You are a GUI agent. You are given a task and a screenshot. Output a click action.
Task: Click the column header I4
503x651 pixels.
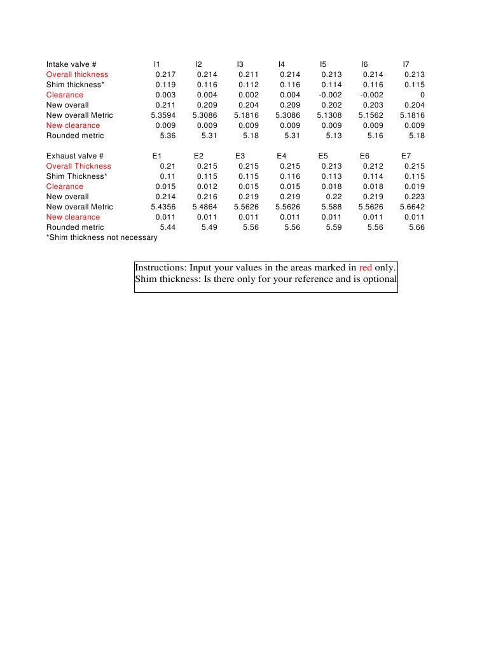pyautogui.click(x=282, y=64)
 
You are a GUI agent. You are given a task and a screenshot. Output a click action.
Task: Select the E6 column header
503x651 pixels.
pyautogui.click(x=364, y=156)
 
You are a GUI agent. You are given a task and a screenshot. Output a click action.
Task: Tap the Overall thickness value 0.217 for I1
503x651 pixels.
pyautogui.click(x=165, y=74)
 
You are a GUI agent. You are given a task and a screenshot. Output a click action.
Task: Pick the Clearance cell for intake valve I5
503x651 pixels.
pyautogui.click(x=330, y=95)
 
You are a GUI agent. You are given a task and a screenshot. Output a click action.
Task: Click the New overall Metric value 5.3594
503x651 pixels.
pyautogui.click(x=163, y=115)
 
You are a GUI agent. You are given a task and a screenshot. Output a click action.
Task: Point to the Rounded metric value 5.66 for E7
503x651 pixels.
pyautogui.click(x=417, y=227)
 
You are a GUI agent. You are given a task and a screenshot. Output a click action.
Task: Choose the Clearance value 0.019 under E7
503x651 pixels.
pyautogui.click(x=414, y=186)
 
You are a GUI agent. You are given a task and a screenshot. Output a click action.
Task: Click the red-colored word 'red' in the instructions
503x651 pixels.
pyautogui.click(x=365, y=268)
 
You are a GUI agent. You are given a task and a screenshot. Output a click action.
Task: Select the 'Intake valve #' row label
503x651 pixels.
pyautogui.click(x=71, y=64)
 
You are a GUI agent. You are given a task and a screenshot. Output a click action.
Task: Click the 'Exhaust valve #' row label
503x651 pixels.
pyautogui.click(x=74, y=156)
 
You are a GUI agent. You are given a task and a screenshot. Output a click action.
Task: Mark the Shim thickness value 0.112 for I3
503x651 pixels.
pyautogui.click(x=249, y=85)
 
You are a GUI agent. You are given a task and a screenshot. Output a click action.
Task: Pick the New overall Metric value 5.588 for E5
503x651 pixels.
pyautogui.click(x=331, y=207)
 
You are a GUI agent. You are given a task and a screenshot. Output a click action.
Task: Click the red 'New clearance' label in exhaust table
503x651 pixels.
pyautogui.click(x=72, y=217)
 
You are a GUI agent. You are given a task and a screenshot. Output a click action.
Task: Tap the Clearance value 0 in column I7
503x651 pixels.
pyautogui.click(x=422, y=95)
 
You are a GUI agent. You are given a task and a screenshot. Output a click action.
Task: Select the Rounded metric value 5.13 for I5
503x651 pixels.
pyautogui.click(x=333, y=136)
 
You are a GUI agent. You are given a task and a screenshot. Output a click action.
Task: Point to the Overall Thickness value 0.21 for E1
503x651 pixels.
pyautogui.click(x=167, y=166)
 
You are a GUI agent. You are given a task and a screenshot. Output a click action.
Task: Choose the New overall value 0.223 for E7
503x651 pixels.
pyautogui.click(x=414, y=197)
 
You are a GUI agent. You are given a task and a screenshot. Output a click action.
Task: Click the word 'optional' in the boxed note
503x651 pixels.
pyautogui.click(x=378, y=279)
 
